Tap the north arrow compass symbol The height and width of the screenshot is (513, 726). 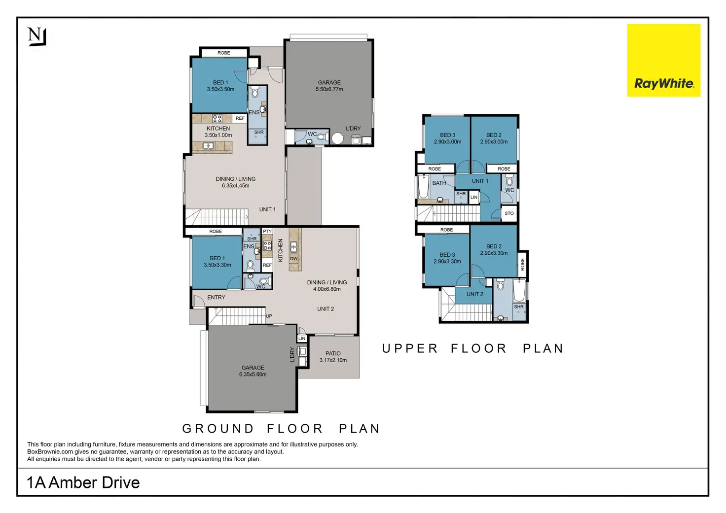(37, 37)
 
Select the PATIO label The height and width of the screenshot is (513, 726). (333, 353)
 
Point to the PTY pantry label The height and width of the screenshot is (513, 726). (267, 231)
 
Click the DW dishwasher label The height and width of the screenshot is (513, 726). (293, 258)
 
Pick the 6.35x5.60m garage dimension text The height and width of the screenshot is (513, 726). (253, 375)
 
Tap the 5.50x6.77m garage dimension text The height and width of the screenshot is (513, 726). (329, 89)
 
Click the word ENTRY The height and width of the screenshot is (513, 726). (216, 297)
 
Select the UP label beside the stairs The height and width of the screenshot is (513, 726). (269, 316)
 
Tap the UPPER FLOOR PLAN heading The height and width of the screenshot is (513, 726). (473, 348)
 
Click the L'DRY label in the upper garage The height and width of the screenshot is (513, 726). (353, 128)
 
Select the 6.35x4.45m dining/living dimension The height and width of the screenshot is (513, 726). (236, 186)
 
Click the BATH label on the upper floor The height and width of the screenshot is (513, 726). (439, 183)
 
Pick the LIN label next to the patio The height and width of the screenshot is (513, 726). (302, 339)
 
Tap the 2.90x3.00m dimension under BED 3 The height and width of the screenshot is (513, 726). (448, 141)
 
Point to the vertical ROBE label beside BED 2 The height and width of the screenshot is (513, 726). (522, 264)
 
